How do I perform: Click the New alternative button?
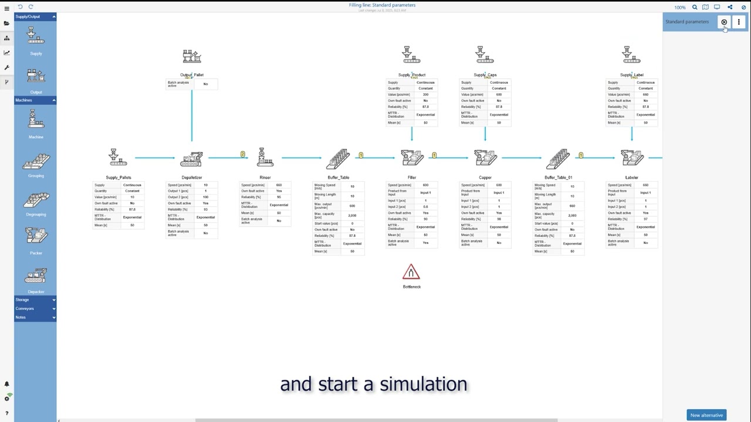[x=706, y=415]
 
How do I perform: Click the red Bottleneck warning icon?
[x=411, y=273]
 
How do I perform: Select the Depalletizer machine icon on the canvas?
[x=191, y=158]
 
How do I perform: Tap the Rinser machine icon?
[x=265, y=158]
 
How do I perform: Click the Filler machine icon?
[x=412, y=158]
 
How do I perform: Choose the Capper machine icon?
[x=485, y=158]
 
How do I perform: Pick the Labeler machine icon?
[x=632, y=158]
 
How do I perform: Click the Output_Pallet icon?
[x=192, y=57]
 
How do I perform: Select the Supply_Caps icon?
[x=485, y=55]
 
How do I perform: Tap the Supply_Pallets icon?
[x=118, y=158]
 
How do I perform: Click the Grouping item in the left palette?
[x=36, y=162]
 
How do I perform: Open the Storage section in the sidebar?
[x=35, y=300]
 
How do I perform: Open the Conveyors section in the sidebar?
[x=35, y=308]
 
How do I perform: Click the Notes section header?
[x=35, y=317]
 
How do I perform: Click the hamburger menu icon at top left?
[x=6, y=8]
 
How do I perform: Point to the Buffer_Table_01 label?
[x=558, y=178]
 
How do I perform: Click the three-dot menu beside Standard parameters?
[x=739, y=22]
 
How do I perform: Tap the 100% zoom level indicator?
[x=679, y=8]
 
